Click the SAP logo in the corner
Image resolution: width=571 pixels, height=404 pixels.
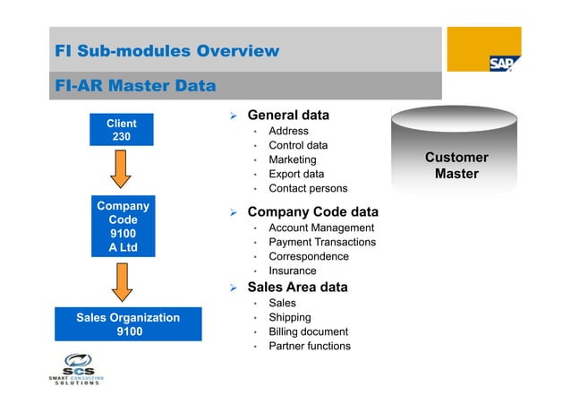point(499,63)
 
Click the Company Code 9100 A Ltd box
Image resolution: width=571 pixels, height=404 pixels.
point(123,226)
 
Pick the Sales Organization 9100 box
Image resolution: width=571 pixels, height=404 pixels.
point(128,324)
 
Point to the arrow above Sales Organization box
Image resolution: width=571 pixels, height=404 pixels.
point(122,280)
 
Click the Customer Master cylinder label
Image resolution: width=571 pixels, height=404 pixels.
point(456,166)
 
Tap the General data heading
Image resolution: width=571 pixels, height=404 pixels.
point(287,116)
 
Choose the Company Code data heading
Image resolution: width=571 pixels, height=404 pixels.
point(312,212)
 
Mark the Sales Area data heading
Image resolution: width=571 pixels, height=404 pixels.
point(297,288)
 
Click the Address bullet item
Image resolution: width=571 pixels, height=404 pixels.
point(288,131)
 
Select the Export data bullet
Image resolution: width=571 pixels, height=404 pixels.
point(296,174)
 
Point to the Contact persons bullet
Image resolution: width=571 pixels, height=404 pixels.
point(308,188)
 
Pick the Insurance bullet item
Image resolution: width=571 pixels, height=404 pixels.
point(292,271)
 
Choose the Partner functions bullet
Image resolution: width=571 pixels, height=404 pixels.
point(310,346)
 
